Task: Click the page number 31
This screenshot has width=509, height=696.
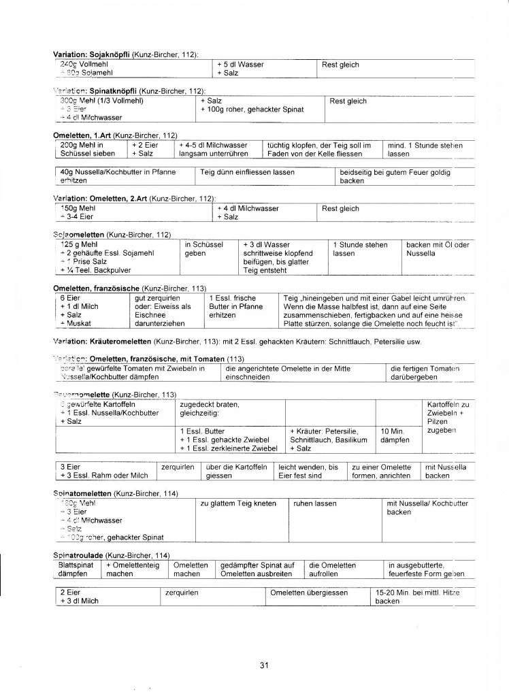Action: (264, 665)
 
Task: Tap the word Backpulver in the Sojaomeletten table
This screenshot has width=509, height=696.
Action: (109, 270)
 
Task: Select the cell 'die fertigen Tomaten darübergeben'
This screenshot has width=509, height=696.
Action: (426, 372)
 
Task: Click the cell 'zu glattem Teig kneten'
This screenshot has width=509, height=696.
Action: (237, 503)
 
